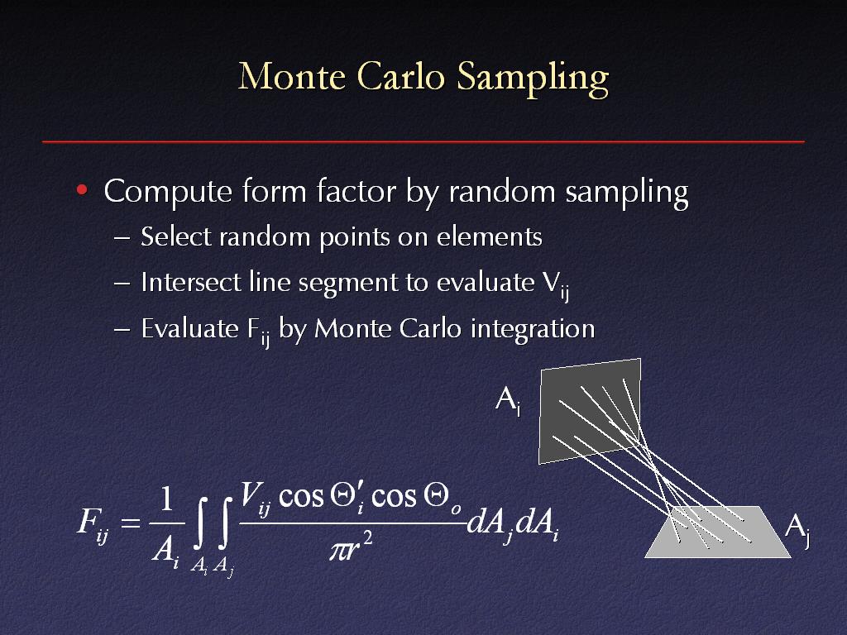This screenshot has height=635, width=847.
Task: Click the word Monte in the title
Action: (292, 76)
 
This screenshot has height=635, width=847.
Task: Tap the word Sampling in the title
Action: (533, 79)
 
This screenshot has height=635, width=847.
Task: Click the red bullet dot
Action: (82, 189)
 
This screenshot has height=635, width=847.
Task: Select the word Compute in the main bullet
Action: (168, 192)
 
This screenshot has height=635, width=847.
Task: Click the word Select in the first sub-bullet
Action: (175, 236)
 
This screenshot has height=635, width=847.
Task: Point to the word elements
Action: (489, 236)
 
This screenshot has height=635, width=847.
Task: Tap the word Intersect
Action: (191, 282)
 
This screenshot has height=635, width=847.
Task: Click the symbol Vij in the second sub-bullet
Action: (555, 284)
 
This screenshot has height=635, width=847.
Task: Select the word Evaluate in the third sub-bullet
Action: (189, 328)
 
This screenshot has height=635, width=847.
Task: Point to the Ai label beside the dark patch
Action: (509, 401)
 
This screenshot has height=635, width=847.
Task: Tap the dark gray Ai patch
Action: (590, 412)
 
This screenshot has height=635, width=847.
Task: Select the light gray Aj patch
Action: (718, 532)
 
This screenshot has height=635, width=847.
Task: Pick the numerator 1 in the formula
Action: (166, 499)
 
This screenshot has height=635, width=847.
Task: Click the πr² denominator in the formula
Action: (351, 547)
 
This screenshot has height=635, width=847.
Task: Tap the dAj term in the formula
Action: (490, 524)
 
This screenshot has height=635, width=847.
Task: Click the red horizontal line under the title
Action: (423, 141)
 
